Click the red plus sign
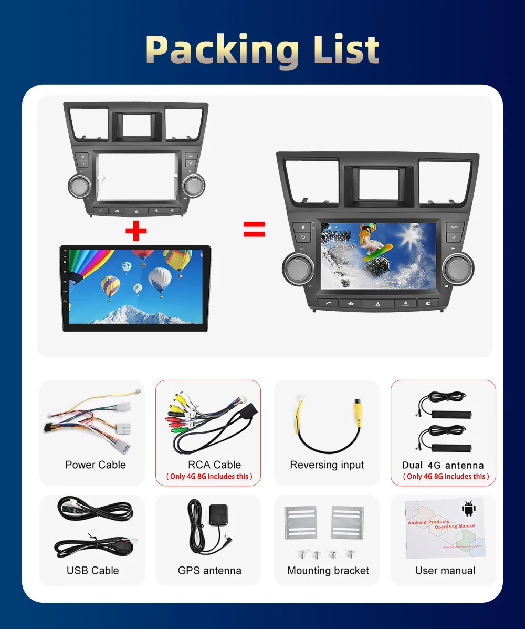tap(136, 231)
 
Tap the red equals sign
tap(254, 229)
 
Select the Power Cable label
tap(96, 465)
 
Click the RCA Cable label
tap(214, 465)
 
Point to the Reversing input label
tap(327, 465)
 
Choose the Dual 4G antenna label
tap(443, 465)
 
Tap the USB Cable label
tap(93, 570)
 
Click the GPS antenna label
tap(209, 570)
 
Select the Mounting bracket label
tap(328, 570)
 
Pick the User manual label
tap(445, 570)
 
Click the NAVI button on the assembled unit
tap(454, 227)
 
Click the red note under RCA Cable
tap(209, 476)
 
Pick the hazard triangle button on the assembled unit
tap(378, 304)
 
